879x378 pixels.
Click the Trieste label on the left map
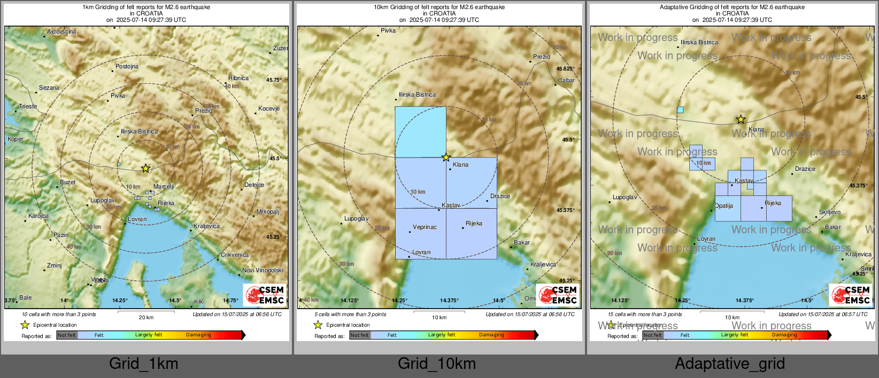(x=28, y=106)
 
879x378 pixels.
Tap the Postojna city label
(x=127, y=67)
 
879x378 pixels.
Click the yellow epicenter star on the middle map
(x=446, y=157)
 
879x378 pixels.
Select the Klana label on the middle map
(x=460, y=165)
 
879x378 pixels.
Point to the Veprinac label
(x=425, y=227)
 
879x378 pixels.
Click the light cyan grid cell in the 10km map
(x=420, y=132)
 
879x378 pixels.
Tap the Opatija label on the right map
(x=724, y=206)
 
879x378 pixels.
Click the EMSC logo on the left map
(x=265, y=295)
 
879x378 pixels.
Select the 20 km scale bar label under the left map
(x=146, y=318)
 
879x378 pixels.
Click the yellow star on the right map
(x=741, y=120)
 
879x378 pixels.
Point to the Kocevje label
(x=269, y=108)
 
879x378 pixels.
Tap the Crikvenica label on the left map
(x=235, y=255)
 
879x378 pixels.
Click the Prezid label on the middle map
(x=542, y=57)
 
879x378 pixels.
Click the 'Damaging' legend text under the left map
(x=198, y=335)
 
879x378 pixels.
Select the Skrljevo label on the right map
(x=830, y=212)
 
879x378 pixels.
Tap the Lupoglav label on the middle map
(x=356, y=219)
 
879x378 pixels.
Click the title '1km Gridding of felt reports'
(x=146, y=7)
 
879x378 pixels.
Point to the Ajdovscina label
(x=61, y=32)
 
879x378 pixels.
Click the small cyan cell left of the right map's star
(x=680, y=110)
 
